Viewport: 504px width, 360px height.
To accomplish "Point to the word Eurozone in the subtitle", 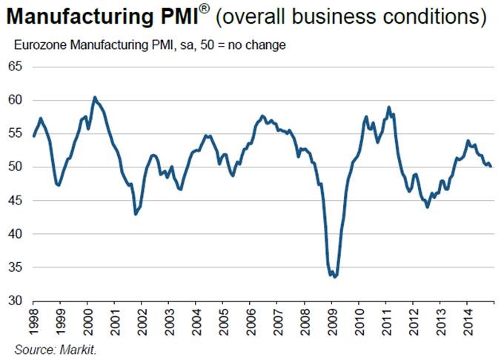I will point(39,46).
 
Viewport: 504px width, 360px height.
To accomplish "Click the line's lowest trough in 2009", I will point(335,277).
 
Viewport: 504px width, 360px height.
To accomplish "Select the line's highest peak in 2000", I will point(94,97).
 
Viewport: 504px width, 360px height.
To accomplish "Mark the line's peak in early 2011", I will point(388,107).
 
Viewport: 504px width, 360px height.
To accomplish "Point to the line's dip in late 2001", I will point(135,214).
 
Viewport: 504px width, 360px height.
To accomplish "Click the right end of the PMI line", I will point(491,167).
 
